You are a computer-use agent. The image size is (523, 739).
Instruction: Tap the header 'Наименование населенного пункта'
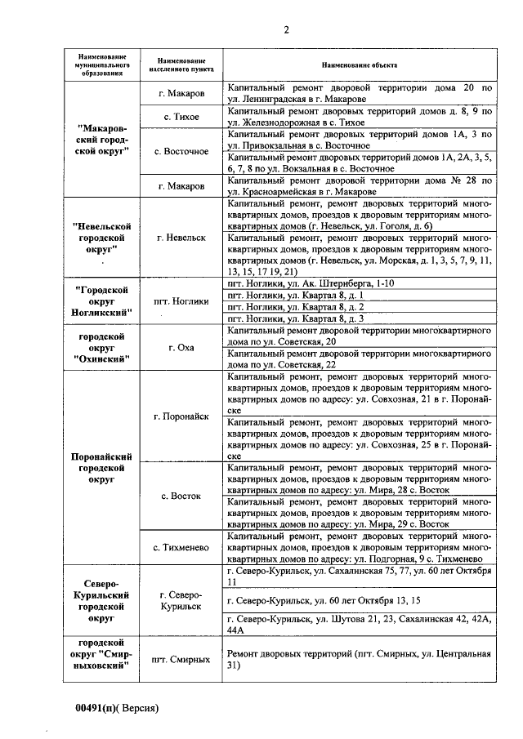coord(181,65)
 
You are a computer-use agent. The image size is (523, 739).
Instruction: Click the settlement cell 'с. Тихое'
coord(181,117)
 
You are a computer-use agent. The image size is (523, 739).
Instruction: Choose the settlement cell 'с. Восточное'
coord(181,152)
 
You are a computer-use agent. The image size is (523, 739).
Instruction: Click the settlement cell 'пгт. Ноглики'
coord(181,300)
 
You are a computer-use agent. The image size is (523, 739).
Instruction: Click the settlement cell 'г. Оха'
coord(181,347)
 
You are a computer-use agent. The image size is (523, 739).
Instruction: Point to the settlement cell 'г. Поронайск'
coord(181,416)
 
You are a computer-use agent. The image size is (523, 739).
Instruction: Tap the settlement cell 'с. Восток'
coord(181,496)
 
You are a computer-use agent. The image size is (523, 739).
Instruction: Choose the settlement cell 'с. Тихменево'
coord(181,546)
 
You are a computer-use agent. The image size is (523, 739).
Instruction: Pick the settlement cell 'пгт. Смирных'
coord(181,659)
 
